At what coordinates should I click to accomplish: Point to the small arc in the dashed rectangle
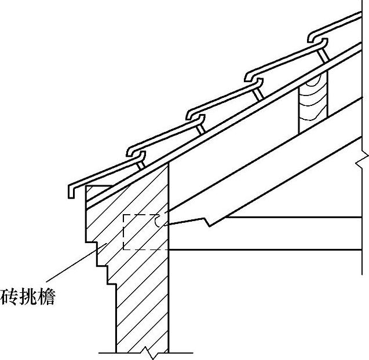coord(159,221)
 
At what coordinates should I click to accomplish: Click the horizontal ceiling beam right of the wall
coord(266,249)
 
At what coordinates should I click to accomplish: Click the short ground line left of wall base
coord(107,352)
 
